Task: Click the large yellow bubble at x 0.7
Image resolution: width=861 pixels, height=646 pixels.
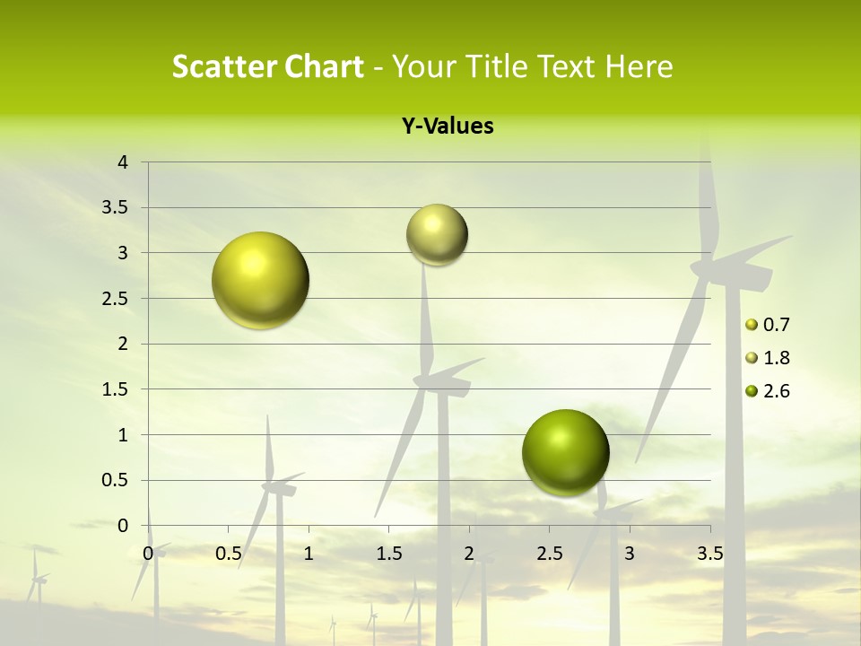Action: coord(260,280)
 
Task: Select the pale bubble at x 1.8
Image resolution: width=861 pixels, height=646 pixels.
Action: coord(437,235)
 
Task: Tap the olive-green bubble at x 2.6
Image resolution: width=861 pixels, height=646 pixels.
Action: coord(565,452)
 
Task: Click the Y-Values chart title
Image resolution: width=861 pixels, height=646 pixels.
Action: coord(447,127)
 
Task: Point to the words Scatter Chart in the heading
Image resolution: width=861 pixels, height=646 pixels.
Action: coord(267,66)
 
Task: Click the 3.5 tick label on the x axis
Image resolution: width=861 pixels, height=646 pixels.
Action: coord(709,554)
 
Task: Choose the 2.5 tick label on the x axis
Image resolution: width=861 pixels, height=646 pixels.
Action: coord(549,554)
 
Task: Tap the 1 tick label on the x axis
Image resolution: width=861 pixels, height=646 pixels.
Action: coord(309,554)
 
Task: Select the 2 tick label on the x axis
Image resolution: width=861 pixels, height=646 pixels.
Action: coord(469,554)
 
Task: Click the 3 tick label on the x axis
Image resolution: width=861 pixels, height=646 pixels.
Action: coord(630,554)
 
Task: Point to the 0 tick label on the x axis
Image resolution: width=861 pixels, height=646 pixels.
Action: coord(148,554)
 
